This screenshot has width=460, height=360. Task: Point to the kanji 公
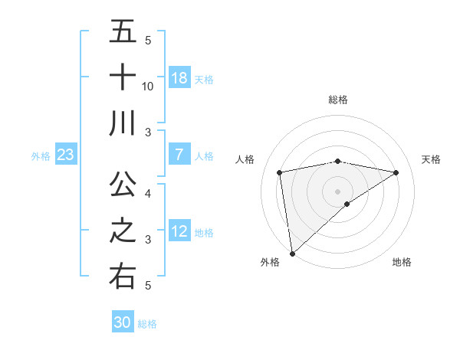point(123,184)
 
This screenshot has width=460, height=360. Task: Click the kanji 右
point(123,276)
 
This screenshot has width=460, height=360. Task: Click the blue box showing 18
point(179,78)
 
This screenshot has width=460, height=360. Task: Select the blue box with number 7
point(179,155)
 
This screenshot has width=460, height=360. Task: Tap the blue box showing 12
point(179,231)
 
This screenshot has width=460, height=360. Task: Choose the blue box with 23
point(66,155)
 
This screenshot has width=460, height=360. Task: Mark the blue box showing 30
point(123,322)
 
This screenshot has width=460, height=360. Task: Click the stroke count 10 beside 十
point(148,87)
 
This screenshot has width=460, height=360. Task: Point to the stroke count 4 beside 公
point(148,193)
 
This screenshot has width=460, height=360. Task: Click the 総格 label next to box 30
point(147,324)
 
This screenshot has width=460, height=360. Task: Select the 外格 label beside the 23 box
point(41,156)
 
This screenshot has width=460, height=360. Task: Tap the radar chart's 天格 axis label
point(431,159)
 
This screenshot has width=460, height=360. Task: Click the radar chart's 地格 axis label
point(402,262)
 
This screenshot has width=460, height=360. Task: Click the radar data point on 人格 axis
point(280,172)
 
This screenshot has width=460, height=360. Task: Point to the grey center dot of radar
point(338,190)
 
